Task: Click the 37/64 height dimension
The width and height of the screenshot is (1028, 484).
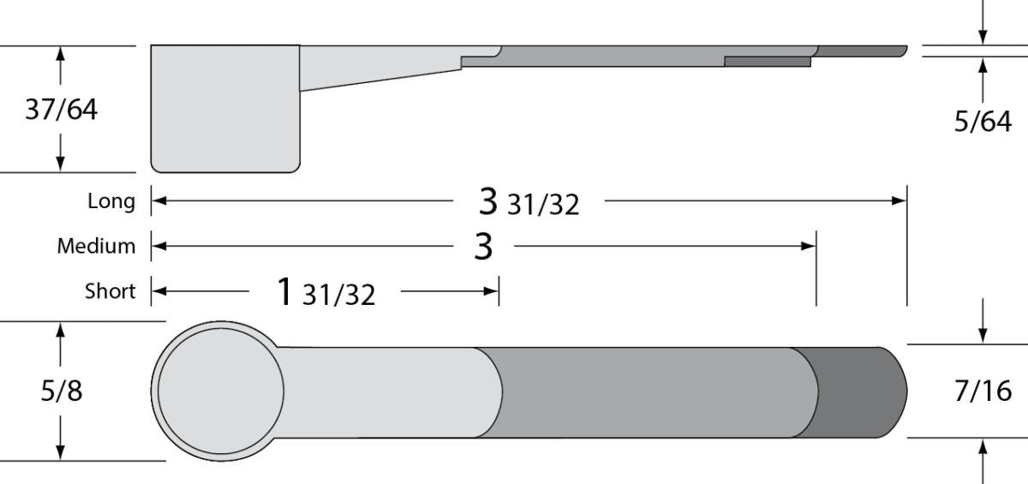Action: point(61,110)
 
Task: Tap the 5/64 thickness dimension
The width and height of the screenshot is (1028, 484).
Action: point(983,122)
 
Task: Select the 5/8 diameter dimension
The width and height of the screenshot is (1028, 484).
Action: point(62,391)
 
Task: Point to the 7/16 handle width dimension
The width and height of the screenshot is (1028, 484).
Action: point(983,391)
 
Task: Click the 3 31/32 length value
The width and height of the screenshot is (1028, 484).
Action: point(529,202)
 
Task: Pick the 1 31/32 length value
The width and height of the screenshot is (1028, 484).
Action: point(326,292)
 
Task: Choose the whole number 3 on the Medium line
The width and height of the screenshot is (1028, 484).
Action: point(483,247)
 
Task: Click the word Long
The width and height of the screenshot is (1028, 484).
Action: point(111,201)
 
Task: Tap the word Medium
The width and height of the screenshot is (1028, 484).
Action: point(96,247)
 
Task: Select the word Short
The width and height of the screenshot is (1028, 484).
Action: point(111,291)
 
